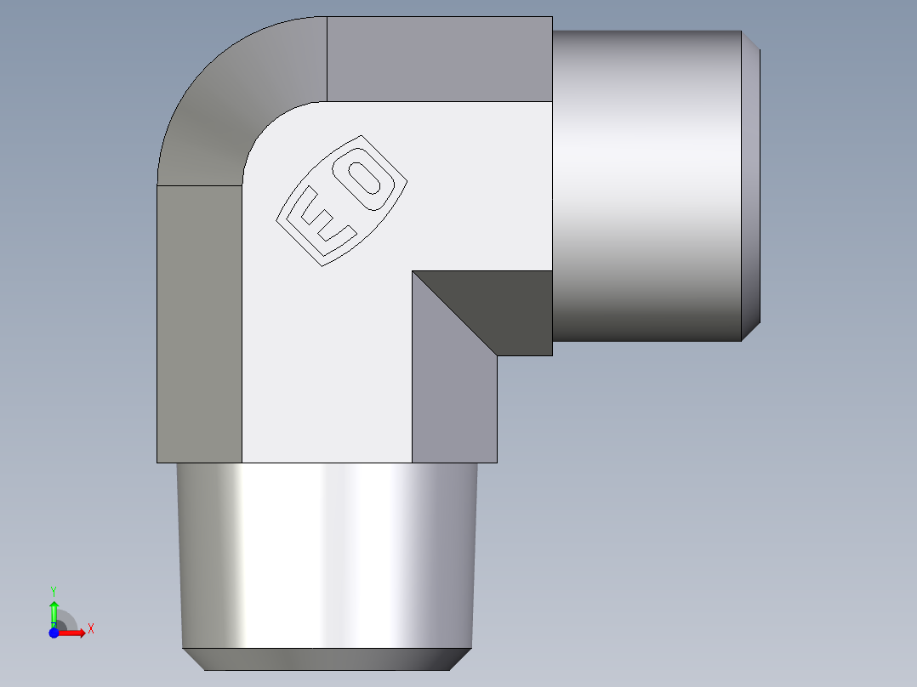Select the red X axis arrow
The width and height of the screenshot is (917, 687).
[x=75, y=632]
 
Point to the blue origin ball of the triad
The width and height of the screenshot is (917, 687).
[x=54, y=632]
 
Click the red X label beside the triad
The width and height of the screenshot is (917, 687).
[x=90, y=629]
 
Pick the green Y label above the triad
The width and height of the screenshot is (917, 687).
[x=53, y=590]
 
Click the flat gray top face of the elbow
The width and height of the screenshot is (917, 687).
[x=439, y=59]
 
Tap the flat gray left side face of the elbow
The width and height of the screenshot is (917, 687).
[x=199, y=323]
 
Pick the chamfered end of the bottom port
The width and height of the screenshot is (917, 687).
[x=327, y=658]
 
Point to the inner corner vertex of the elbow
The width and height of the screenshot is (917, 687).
[x=413, y=272]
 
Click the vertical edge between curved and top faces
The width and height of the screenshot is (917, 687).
[x=327, y=59]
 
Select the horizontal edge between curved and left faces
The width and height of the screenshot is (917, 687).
[x=200, y=185]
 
